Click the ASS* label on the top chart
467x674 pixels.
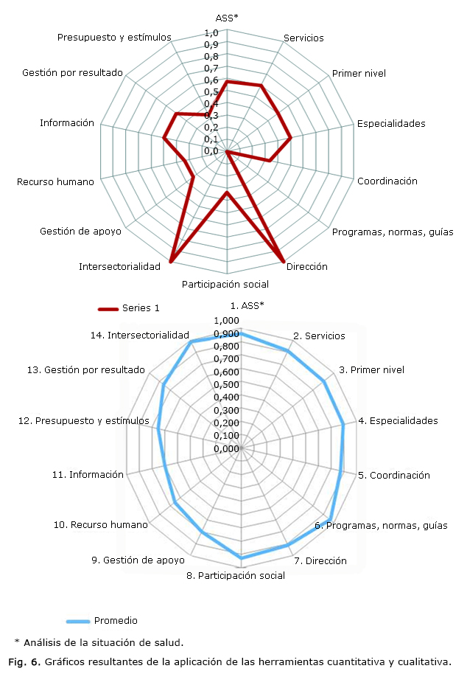point(227,18)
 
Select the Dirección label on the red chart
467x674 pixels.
point(307,267)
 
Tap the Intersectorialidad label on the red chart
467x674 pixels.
point(119,266)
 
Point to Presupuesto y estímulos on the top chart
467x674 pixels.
point(114,37)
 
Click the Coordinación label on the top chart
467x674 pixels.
point(387,181)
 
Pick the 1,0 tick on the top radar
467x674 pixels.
point(211,33)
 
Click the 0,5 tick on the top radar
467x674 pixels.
point(211,92)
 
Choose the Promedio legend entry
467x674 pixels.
point(115,620)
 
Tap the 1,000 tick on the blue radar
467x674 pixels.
point(226,321)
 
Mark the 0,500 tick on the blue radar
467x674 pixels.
point(226,384)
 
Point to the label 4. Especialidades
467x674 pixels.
point(398,421)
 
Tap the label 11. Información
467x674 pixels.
point(88,474)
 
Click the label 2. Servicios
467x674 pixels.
point(319,336)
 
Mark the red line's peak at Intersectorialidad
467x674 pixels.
point(171,261)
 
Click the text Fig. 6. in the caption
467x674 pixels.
point(24,660)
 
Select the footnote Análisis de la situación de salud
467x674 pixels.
point(104,642)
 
